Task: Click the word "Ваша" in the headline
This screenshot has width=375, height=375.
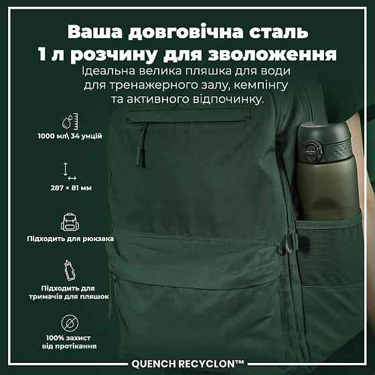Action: point(94,31)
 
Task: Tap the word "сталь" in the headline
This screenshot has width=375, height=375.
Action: point(279,31)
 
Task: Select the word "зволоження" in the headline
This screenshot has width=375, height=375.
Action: point(272,54)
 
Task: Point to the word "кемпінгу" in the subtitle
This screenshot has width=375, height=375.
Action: point(261,86)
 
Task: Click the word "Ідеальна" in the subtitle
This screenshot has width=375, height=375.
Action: point(108,71)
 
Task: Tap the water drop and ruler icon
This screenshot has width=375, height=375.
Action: point(70,121)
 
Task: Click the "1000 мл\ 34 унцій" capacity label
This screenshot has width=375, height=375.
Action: point(70,136)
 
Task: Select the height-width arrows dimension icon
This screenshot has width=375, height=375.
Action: point(69,171)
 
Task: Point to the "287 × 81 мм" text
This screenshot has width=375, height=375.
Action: point(71,188)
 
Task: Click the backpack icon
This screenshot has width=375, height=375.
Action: point(70,222)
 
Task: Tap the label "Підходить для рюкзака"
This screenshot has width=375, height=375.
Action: point(70,238)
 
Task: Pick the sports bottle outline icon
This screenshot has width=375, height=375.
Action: point(70,271)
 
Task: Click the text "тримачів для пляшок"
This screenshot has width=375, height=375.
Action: point(69,297)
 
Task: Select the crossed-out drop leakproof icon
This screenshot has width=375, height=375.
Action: point(70,323)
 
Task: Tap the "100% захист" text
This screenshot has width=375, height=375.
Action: point(68,338)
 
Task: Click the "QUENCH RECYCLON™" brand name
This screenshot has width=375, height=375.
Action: point(187,364)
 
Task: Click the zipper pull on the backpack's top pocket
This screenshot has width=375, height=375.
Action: point(142,146)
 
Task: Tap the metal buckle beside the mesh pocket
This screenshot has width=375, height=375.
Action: point(288,244)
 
